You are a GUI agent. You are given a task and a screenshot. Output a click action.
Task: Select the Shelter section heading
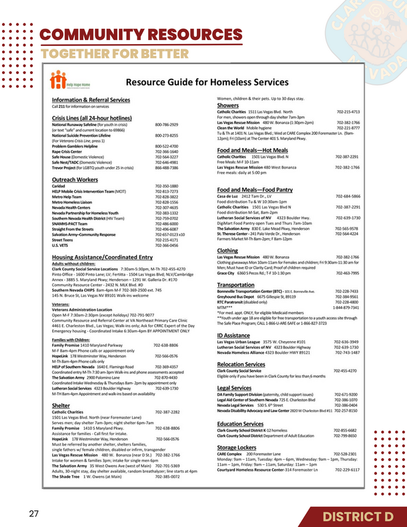[x=61, y=405]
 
